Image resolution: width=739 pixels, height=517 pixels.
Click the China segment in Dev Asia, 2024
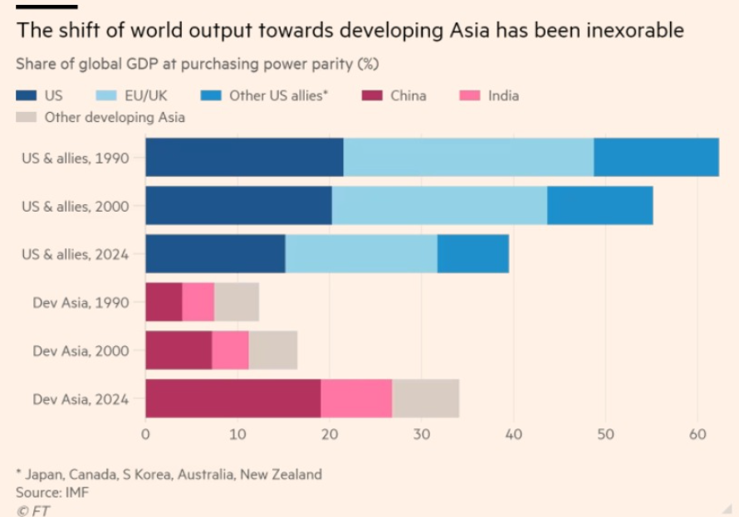[232, 398]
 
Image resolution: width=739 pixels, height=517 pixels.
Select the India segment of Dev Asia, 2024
[356, 398]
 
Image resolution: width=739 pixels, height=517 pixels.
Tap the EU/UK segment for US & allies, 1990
[468, 158]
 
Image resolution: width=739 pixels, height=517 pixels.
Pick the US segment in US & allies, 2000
[238, 206]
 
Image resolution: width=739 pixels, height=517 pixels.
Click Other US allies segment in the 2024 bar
[472, 254]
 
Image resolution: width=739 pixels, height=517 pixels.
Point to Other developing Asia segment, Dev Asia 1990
[237, 302]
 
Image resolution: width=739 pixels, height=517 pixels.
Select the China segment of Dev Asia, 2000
[179, 350]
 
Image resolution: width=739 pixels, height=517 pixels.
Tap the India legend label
[503, 95]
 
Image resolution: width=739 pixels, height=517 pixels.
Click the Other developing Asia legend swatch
[26, 117]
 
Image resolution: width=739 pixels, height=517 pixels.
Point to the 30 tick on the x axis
[421, 433]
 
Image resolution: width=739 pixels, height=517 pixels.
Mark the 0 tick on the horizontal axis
[145, 433]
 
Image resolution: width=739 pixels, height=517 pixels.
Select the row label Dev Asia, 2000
[81, 350]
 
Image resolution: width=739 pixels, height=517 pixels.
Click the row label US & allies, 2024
[75, 254]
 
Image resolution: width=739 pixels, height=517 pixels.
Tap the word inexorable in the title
[632, 31]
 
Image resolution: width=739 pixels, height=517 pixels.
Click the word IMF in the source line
[77, 492]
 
